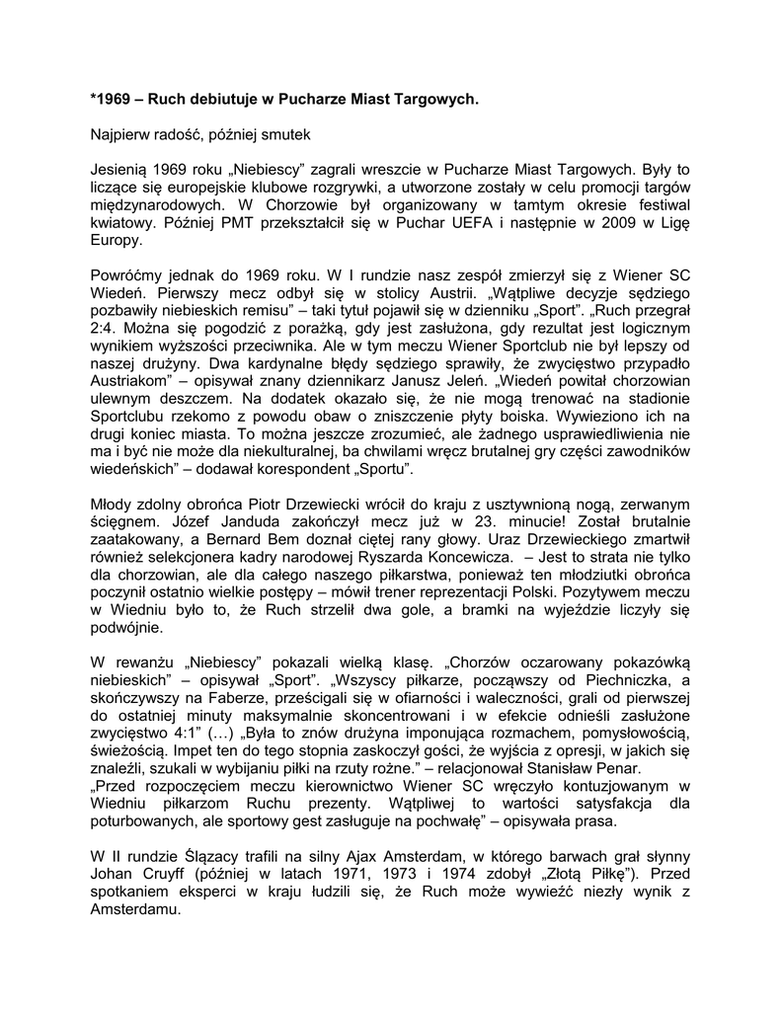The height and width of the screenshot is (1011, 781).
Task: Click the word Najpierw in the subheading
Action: [121, 133]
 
